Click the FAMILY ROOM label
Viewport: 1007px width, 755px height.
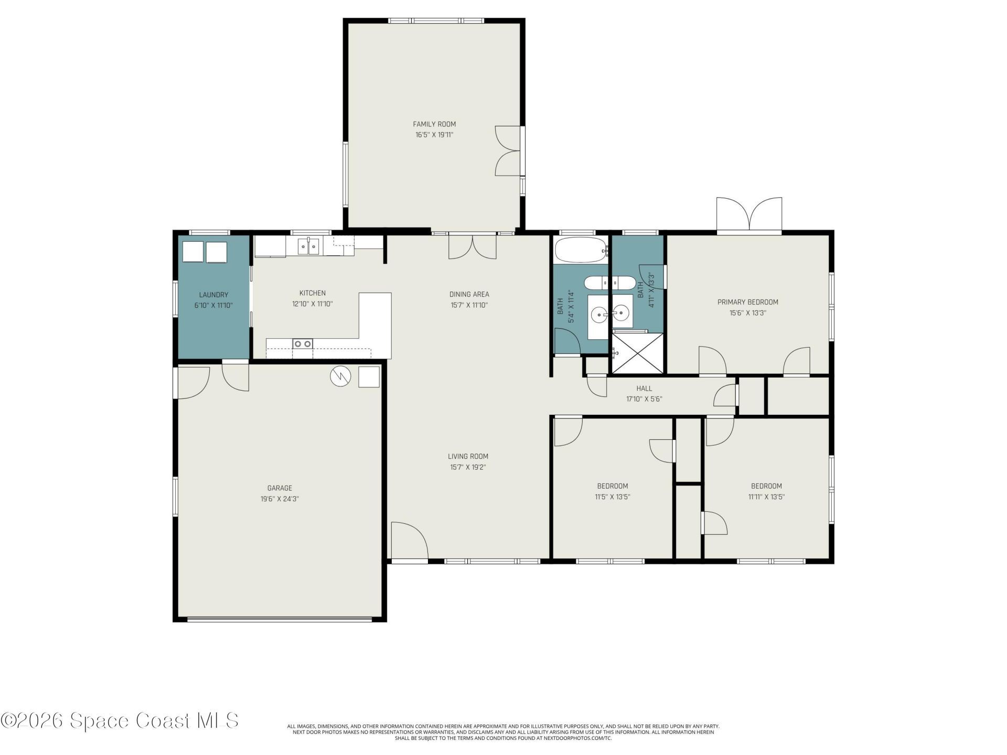coord(434,124)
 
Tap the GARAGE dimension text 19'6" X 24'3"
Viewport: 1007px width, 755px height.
coord(280,499)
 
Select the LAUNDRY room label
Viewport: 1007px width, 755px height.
coord(213,295)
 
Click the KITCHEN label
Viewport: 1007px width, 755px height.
coord(313,293)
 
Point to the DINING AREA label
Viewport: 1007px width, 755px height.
coord(469,294)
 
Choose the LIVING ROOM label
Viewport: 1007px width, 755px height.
coord(468,456)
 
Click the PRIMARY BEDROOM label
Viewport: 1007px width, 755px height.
coord(747,302)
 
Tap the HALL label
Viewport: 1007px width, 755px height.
coord(644,389)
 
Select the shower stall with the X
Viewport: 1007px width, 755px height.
coord(637,353)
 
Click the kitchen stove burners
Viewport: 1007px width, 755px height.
coord(302,344)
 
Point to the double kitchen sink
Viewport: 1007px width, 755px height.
coord(308,246)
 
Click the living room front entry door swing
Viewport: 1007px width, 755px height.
coord(410,541)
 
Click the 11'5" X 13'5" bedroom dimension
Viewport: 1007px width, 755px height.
coord(612,497)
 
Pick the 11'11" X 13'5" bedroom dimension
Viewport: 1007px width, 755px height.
coord(766,497)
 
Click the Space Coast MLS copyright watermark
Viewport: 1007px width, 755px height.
coord(120,720)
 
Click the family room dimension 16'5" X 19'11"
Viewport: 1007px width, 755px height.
coord(434,135)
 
